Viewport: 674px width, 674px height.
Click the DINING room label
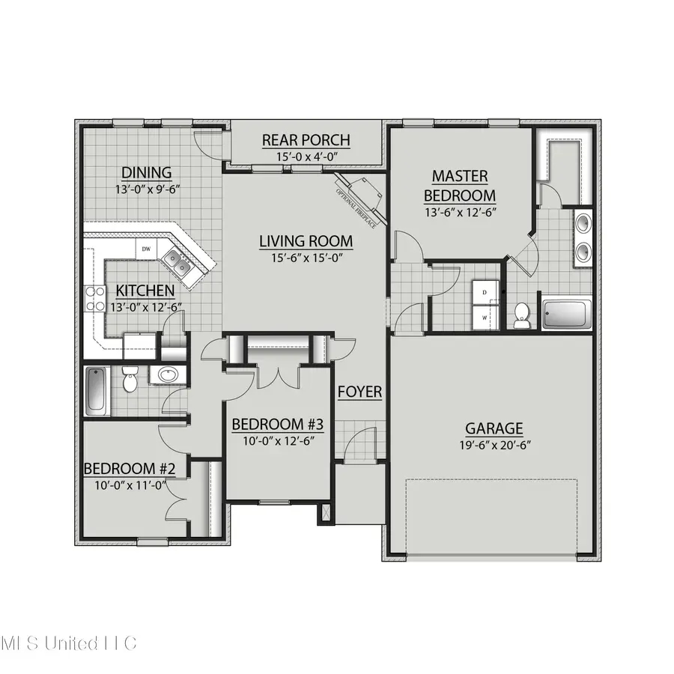point(147,173)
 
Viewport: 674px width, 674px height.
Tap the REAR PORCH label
point(306,140)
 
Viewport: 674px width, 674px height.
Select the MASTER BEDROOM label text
point(460,185)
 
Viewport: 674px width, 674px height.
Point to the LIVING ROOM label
point(306,241)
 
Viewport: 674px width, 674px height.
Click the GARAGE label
point(494,428)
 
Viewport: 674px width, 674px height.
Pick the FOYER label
point(359,392)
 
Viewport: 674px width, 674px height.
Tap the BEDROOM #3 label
point(277,425)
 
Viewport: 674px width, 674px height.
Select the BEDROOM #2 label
point(129,469)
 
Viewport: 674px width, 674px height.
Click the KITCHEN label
point(145,291)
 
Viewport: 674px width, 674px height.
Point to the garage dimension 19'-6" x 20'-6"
point(494,444)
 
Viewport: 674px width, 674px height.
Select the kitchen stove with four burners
point(94,299)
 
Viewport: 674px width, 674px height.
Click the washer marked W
point(484,316)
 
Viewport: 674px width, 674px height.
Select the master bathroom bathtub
point(566,314)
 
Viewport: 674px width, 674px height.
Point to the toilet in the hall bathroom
point(130,382)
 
